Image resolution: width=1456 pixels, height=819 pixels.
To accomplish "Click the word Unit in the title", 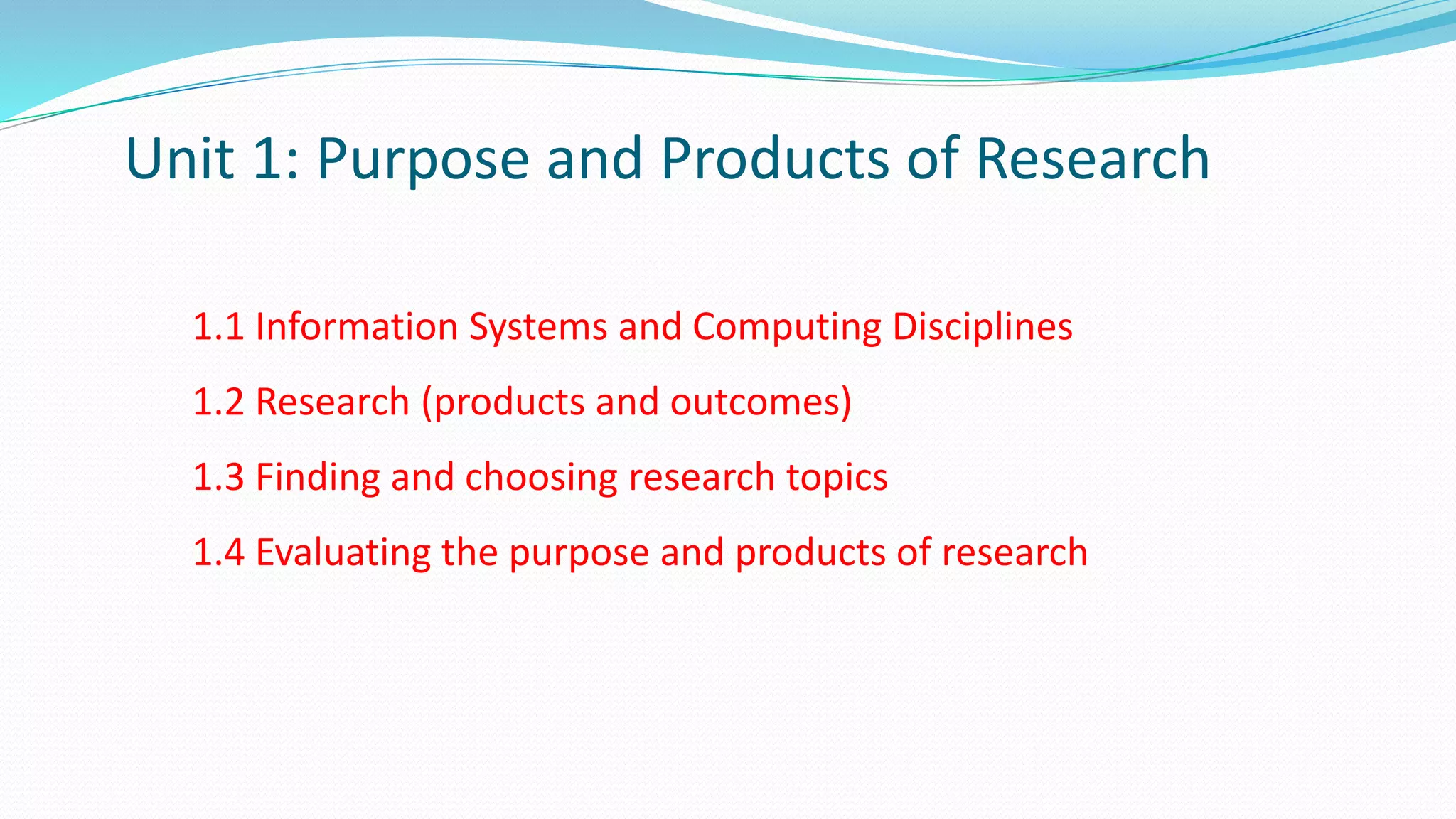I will pyautogui.click(x=180, y=158).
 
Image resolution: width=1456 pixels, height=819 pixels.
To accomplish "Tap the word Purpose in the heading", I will pyautogui.click(x=422, y=159).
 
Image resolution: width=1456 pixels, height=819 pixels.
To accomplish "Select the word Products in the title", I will pyautogui.click(x=774, y=158).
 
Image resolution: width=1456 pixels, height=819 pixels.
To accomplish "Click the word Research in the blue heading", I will pyautogui.click(x=1092, y=158).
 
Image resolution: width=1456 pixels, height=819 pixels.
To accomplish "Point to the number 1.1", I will pyautogui.click(x=218, y=327).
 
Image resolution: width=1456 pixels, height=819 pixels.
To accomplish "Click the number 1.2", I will pyautogui.click(x=218, y=402).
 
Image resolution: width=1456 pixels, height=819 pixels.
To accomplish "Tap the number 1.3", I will pyautogui.click(x=218, y=477).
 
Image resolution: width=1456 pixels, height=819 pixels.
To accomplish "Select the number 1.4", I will pyautogui.click(x=218, y=552).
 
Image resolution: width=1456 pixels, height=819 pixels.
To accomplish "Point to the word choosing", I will pyautogui.click(x=540, y=478).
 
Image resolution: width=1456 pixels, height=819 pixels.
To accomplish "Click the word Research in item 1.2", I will pyautogui.click(x=332, y=402).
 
